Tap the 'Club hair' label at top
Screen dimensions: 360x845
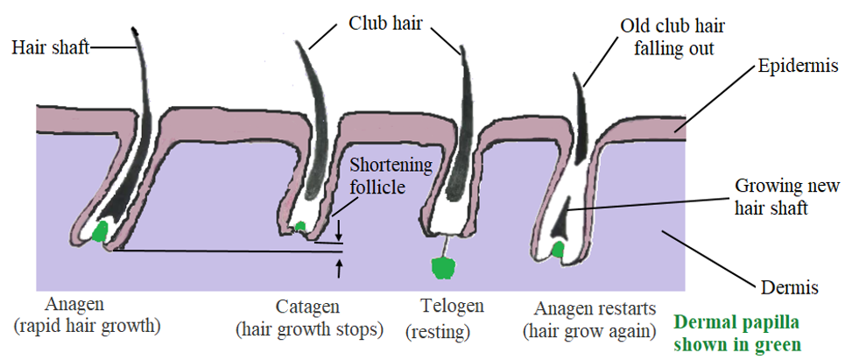(x=386, y=23)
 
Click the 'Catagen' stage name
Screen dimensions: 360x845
(x=307, y=308)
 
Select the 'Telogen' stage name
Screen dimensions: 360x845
(x=452, y=307)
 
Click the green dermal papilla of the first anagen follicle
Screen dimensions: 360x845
(x=101, y=232)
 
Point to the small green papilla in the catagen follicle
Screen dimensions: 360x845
(x=300, y=227)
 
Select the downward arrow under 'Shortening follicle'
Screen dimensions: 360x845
(x=339, y=231)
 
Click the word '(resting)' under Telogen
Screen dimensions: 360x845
(x=437, y=333)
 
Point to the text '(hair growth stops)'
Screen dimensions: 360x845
(x=309, y=330)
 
